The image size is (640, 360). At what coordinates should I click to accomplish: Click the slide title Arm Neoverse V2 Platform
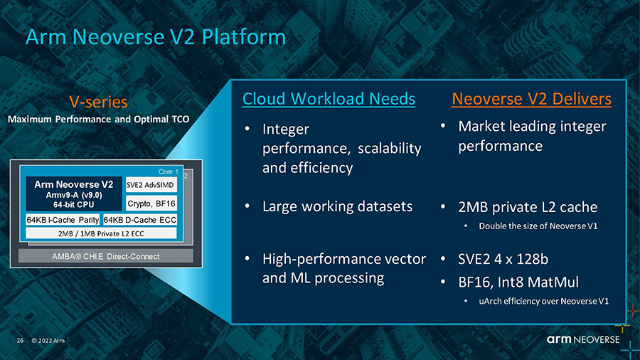click(x=156, y=37)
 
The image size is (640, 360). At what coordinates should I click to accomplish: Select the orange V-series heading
click(x=98, y=102)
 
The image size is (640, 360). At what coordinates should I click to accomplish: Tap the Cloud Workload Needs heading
click(x=329, y=99)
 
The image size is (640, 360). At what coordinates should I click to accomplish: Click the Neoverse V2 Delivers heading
click(x=531, y=99)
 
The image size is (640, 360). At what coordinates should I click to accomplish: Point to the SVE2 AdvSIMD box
click(x=151, y=185)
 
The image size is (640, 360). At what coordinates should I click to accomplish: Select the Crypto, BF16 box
click(x=151, y=203)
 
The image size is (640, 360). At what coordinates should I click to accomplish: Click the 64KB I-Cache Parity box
click(x=63, y=220)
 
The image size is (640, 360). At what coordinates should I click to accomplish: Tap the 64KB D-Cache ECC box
click(x=139, y=220)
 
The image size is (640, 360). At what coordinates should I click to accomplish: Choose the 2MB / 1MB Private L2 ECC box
click(x=101, y=233)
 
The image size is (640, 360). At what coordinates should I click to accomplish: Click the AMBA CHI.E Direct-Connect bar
click(x=106, y=256)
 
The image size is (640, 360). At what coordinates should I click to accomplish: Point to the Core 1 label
click(x=168, y=172)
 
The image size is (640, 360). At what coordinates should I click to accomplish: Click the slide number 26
click(x=20, y=340)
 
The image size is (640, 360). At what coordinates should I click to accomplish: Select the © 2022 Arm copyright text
click(x=48, y=340)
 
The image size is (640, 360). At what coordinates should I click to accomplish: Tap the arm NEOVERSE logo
click(x=583, y=339)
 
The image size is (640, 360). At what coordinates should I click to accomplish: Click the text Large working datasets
click(x=337, y=206)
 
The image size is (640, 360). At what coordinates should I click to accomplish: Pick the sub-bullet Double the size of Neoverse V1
click(x=538, y=226)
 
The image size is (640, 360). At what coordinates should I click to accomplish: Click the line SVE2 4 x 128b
click(x=503, y=259)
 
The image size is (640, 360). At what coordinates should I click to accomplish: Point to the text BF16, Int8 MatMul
click(x=518, y=282)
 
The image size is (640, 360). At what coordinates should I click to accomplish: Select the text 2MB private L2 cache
click(x=528, y=207)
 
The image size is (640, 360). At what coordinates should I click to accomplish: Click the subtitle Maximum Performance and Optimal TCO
click(x=98, y=120)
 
